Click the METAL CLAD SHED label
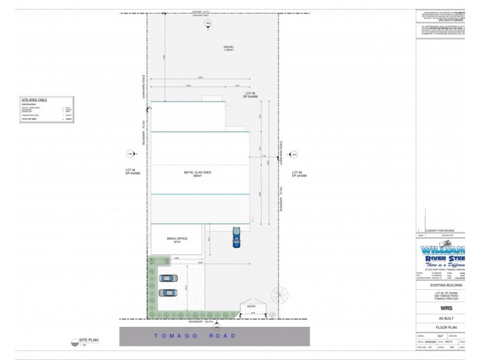197,173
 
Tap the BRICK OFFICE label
178,239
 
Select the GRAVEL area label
228,47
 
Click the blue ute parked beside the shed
237,238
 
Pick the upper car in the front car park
168,278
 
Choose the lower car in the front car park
168,293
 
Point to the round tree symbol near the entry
280,295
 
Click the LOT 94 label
133,172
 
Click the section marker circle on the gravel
208,23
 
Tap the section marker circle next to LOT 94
130,154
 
